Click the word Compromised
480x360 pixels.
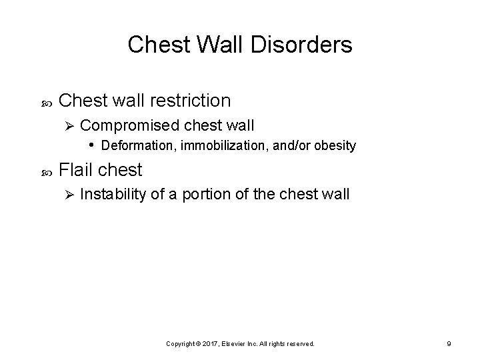coord(124,125)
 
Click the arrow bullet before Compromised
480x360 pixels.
coord(65,125)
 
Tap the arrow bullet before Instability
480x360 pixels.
coord(65,195)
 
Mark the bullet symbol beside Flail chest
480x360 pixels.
coord(37,171)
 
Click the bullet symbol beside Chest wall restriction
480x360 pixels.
coord(37,102)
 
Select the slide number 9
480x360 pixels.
coord(449,343)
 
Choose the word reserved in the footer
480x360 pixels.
coord(301,343)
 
